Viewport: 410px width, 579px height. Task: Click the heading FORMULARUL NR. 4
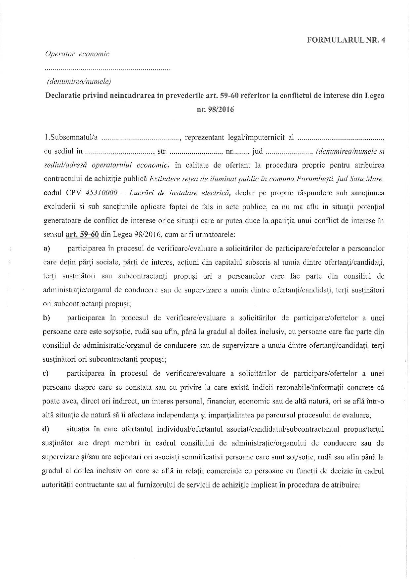pos(346,40)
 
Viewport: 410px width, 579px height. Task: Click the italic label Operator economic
pos(77,54)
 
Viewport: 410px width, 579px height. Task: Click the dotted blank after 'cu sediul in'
pos(120,152)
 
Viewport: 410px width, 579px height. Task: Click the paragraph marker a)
pos(47,248)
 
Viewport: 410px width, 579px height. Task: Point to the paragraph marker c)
pos(46,373)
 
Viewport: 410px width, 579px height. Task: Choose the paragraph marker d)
pos(46,429)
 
